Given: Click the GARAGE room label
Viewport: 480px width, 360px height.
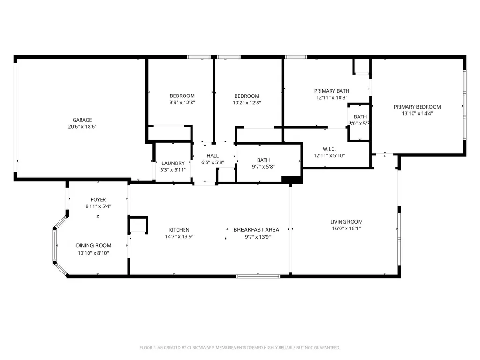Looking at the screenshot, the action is coord(82,120).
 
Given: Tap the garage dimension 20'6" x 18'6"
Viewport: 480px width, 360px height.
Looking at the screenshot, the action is coord(82,127).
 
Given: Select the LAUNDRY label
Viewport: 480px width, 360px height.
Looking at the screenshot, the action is coord(173,163).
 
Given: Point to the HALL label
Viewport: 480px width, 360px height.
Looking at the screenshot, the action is coord(213,156).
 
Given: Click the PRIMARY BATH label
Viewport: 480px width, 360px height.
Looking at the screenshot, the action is coord(332,91).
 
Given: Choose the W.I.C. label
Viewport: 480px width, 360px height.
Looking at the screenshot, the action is coord(329,149).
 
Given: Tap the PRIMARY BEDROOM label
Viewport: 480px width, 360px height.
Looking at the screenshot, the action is coord(417,107).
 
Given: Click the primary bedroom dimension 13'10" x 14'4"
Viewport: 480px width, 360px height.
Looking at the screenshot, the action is coord(417,114).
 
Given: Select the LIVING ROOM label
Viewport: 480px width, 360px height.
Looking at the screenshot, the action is coord(346,222).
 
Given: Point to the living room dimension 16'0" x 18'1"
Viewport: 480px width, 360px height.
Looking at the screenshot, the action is coord(346,228).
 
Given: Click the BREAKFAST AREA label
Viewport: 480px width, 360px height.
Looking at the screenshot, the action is coord(256,230).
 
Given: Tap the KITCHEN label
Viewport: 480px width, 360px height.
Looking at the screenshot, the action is coord(179,230).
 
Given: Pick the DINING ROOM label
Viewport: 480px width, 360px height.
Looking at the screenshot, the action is coord(93,245).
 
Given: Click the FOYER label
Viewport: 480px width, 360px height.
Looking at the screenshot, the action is coord(98,200).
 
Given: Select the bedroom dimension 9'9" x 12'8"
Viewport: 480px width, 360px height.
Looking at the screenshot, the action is coord(182,103).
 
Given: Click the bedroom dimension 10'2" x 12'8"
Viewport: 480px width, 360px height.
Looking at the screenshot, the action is coord(247,103).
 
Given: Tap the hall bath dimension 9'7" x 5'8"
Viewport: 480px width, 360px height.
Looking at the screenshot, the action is coord(263,167).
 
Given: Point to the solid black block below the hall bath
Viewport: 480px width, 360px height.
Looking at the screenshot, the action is coord(292,180).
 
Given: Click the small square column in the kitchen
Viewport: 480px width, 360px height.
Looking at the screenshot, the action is coord(138,225).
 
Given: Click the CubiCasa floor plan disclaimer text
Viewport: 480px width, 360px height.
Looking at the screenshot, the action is coord(240,348).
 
